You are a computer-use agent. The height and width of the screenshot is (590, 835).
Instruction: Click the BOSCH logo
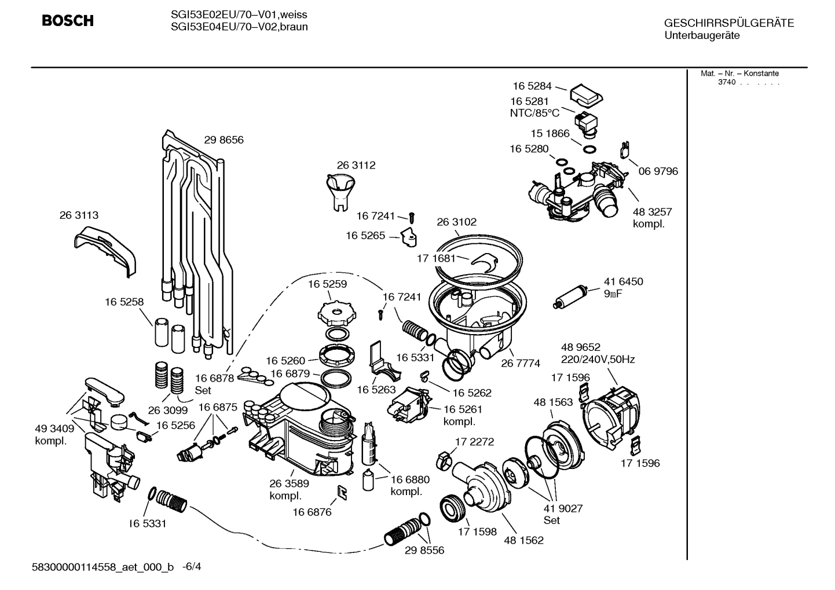(68, 21)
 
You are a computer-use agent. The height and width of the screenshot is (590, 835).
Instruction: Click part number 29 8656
(224, 140)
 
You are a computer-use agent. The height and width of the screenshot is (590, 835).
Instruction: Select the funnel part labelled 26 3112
(342, 192)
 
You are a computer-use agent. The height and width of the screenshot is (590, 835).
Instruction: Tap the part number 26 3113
(79, 215)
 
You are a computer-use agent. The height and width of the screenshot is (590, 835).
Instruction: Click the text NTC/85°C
(534, 113)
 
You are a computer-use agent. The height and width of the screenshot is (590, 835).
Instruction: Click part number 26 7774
(521, 363)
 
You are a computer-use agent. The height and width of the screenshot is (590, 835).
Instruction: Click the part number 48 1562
(523, 540)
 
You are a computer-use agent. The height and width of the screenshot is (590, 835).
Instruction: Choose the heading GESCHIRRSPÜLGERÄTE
(728, 23)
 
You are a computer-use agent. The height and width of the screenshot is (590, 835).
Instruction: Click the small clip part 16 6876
(342, 493)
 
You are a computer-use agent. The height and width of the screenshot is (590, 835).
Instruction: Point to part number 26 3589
(289, 483)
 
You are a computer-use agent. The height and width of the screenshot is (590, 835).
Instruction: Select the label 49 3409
(54, 429)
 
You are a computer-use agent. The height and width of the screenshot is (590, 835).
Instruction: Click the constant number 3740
(726, 82)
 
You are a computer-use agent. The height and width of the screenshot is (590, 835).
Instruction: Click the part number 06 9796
(658, 171)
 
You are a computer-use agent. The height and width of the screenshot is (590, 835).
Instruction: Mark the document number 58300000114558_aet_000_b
(102, 567)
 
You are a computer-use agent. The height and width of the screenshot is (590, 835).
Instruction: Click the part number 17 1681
(437, 258)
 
